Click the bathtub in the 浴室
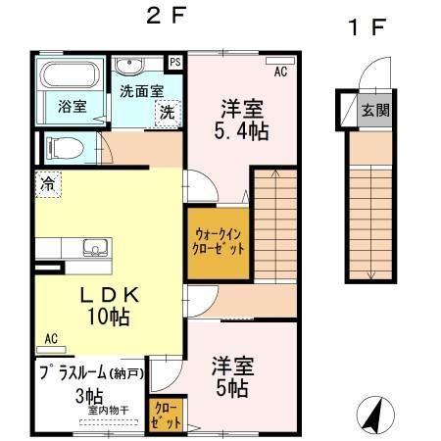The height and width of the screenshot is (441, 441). (70, 74)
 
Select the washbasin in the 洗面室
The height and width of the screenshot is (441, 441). (129, 65)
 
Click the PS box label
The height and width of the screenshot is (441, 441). (175, 62)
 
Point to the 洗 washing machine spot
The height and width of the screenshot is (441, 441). (168, 113)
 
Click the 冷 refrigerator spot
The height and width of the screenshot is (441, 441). (48, 184)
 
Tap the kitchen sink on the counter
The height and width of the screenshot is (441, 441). (95, 248)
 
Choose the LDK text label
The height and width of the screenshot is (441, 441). (110, 295)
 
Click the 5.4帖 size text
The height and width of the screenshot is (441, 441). (241, 131)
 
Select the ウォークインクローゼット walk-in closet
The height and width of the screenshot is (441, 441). (219, 243)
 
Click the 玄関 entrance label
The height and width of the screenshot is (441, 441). (375, 110)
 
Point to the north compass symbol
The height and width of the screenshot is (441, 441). (375, 415)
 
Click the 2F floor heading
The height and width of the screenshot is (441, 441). (167, 16)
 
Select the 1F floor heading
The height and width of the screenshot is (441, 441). (367, 27)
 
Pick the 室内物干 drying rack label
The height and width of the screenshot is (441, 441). (109, 411)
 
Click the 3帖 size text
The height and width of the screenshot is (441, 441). (89, 397)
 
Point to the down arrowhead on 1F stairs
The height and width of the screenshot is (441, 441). (370, 275)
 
